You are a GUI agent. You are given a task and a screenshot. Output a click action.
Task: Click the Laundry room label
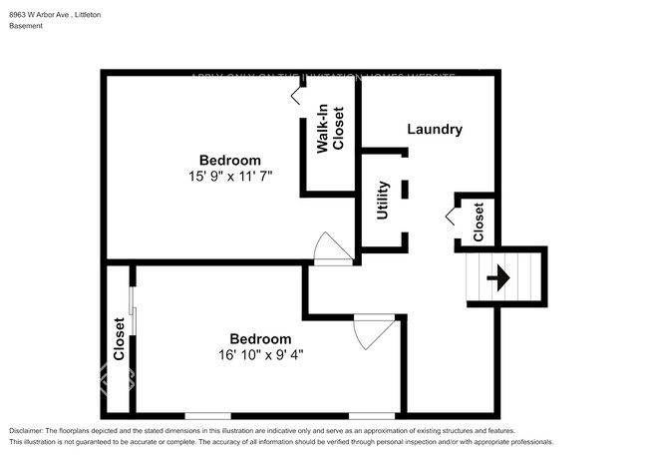coord(435,130)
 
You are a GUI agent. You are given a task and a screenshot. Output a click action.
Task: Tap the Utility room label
coord(383,202)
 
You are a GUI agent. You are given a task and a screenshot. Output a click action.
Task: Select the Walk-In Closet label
coord(331,129)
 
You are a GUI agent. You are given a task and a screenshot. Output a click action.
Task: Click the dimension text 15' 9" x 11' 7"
coord(230,176)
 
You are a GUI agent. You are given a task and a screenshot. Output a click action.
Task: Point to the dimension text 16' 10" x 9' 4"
coord(260,354)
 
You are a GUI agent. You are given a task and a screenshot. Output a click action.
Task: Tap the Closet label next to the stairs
coord(479,223)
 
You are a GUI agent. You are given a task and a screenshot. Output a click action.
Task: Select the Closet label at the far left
coord(119,339)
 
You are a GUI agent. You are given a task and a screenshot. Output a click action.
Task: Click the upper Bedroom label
coord(230,160)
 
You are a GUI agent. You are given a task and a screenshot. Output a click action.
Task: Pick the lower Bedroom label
coord(260,338)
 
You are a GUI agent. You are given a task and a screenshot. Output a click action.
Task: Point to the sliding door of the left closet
coord(134,314)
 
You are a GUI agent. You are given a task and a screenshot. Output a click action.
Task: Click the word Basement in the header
coord(27,26)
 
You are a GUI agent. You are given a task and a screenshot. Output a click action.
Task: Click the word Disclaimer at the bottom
coord(31,430)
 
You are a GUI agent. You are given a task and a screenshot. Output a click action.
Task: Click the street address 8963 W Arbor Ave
coord(39,15)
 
